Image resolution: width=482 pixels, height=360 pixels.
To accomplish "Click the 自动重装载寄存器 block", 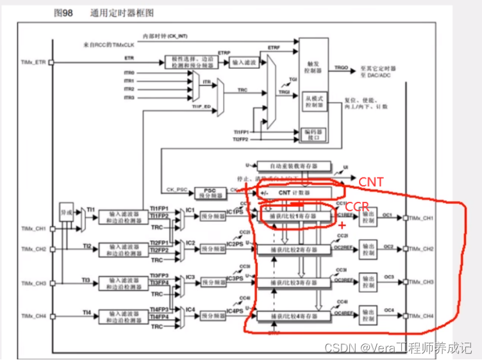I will (x=294, y=165).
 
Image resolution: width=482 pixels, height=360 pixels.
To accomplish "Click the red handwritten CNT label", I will (x=370, y=183).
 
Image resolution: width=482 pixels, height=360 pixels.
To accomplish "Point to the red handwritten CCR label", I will (x=358, y=208).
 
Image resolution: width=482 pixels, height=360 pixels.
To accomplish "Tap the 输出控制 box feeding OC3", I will (x=368, y=281).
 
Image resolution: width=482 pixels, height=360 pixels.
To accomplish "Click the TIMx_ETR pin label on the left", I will (x=33, y=62).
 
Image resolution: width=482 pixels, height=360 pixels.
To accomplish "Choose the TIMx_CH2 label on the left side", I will (x=34, y=249).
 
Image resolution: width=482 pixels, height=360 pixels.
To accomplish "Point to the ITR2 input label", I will (x=129, y=89).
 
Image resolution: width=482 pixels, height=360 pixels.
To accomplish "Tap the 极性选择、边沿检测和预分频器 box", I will (x=190, y=62).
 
